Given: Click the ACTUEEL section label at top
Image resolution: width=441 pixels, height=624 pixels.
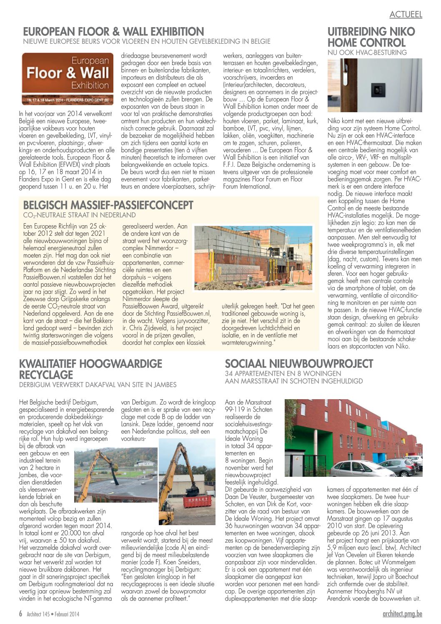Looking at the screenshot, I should pos(406,14).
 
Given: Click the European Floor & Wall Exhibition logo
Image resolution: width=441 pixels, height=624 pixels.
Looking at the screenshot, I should pos(68,78).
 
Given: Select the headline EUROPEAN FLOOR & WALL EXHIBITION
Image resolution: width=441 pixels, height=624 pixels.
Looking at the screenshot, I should pos(113,32).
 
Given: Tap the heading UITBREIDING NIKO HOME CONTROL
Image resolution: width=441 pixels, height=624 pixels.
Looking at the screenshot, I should pos(371,37).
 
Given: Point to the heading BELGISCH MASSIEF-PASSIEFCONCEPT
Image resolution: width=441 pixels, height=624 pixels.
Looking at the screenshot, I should pos(108,205).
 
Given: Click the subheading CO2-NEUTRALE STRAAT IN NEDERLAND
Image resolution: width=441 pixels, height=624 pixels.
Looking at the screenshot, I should pos(79,215).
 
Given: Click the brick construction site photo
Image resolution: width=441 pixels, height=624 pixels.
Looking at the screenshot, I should pos(253,258).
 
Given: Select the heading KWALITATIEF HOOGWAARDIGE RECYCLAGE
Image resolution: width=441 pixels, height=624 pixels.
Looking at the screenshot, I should pos(90,369).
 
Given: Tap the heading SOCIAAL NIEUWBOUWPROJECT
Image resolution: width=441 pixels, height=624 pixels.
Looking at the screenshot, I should pos(299,363).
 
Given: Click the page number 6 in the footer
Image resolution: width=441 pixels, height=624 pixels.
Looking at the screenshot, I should pos(20,614).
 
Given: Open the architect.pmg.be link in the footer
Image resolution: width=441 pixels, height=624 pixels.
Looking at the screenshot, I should pos(402,614).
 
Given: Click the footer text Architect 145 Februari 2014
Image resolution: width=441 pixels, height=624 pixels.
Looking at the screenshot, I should pos(53,614).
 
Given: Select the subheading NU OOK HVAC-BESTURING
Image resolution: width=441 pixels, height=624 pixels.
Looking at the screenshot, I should pos(367,53).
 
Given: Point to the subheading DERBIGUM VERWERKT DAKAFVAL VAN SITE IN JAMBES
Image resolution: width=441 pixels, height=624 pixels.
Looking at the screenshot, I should pos(98,385).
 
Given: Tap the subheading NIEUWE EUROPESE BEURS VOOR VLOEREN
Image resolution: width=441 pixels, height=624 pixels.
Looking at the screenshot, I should pos(147,42).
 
